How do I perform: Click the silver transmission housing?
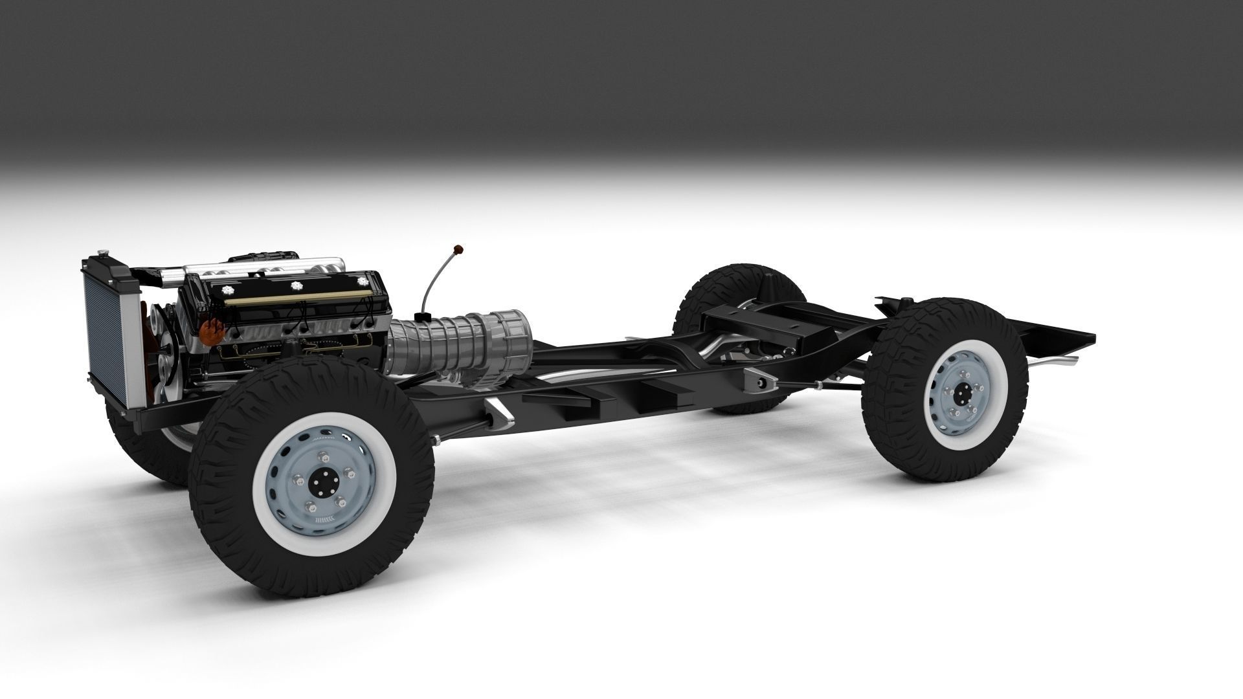(x=460, y=340)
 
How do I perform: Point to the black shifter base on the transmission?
(x=425, y=316)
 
